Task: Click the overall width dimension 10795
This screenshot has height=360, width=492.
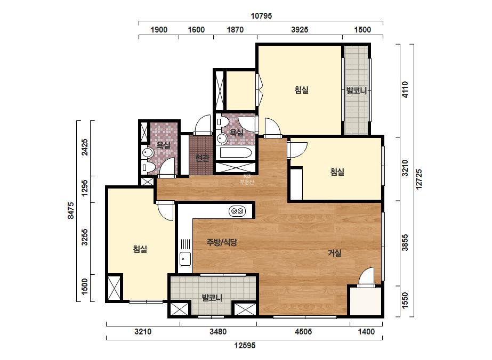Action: click(261, 15)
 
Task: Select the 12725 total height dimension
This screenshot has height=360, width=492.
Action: click(419, 179)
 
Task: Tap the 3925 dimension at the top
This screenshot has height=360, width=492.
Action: click(300, 30)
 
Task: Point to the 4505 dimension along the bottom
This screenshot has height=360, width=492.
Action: click(303, 331)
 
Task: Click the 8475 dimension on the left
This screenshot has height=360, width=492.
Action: click(71, 210)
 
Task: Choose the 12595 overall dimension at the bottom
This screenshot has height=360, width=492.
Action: click(245, 346)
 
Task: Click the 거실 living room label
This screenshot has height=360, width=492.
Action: click(335, 253)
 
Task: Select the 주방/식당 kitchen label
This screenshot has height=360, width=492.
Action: click(222, 242)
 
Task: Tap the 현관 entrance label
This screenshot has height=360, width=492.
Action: click(202, 158)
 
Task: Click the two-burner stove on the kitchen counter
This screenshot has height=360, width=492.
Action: click(237, 211)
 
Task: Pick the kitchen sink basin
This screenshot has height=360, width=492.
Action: click(185, 259)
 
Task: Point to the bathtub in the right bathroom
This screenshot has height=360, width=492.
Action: click(236, 153)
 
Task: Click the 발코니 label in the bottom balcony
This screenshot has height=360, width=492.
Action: click(212, 297)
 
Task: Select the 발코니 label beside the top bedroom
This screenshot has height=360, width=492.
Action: click(357, 91)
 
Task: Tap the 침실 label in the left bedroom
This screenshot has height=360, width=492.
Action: click(140, 249)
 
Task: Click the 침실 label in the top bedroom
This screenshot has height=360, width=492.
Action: click(302, 90)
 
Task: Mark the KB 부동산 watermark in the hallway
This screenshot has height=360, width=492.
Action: click(247, 179)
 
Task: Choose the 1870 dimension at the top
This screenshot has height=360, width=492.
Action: click(235, 30)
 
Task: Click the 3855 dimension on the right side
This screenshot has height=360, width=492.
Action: click(405, 243)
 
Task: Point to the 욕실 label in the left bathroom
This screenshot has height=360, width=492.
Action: click(164, 145)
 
